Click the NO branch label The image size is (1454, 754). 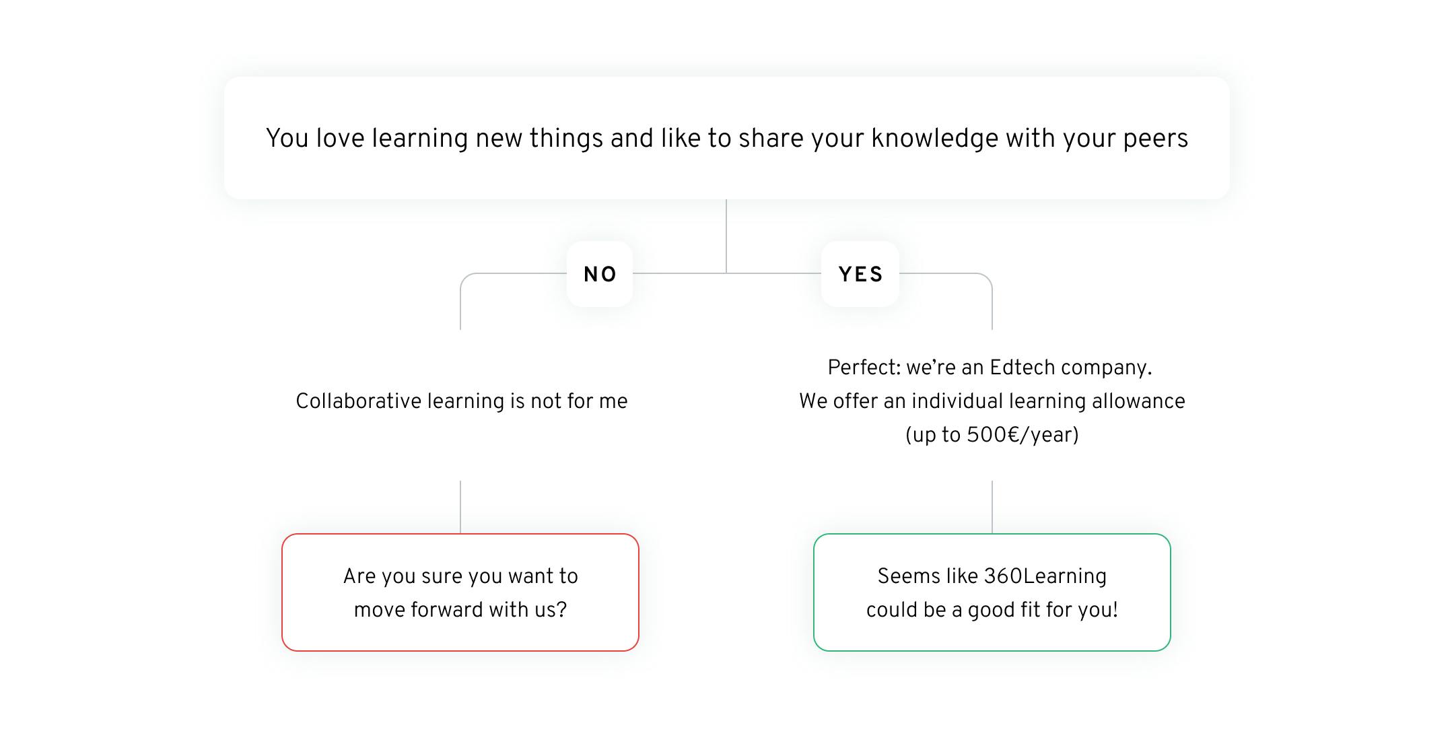click(x=600, y=275)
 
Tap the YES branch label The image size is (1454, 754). click(x=860, y=275)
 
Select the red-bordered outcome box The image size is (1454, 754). click(x=460, y=592)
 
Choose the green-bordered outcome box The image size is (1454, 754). click(x=992, y=592)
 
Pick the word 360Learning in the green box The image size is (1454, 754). click(x=1045, y=576)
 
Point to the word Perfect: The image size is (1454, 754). click(x=864, y=368)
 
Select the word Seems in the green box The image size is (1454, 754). click(x=905, y=576)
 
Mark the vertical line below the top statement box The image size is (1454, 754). click(x=726, y=236)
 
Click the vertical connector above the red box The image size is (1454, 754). click(x=460, y=506)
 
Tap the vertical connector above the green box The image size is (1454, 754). click(x=992, y=506)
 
